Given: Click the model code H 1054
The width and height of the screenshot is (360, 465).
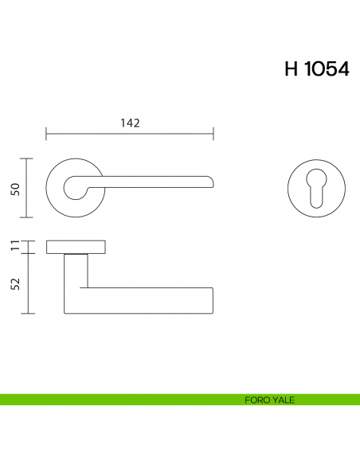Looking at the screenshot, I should tap(316, 69).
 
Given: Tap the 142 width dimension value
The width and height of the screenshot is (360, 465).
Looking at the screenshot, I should tap(130, 123).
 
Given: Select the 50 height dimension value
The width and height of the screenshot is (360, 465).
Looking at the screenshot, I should tap(15, 188).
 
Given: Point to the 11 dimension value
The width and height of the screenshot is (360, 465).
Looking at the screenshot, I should tap(15, 246).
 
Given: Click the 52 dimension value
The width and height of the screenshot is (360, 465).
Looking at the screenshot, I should tap(15, 283).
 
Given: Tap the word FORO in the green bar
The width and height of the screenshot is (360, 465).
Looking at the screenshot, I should tap(256, 400).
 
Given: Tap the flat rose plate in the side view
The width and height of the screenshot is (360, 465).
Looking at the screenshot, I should tap(76, 246).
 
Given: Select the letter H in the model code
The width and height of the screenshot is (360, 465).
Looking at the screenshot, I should tap(291, 69).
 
